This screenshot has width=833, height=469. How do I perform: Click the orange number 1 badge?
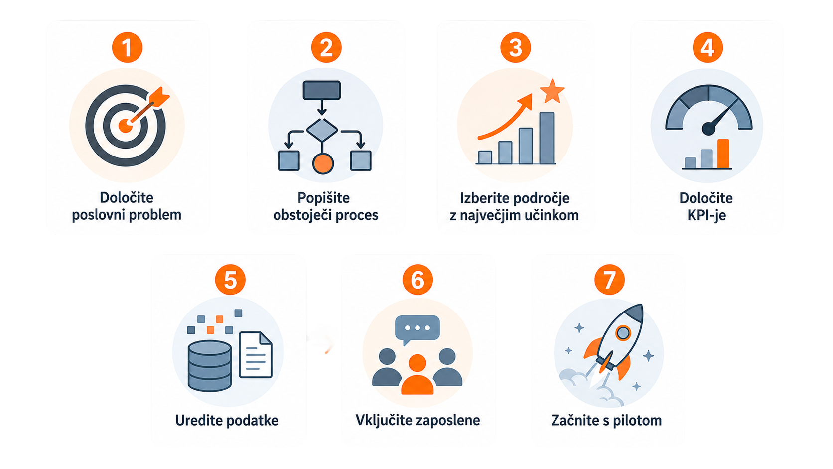pos(127,47)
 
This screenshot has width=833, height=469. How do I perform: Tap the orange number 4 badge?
pos(707,47)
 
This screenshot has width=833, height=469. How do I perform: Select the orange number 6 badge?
pos(417,280)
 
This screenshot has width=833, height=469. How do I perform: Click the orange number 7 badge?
pos(609,280)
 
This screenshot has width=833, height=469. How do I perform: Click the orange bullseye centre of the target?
pos(126,126)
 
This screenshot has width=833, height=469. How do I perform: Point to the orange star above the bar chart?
pos(552,91)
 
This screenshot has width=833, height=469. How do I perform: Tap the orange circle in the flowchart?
pos(323,163)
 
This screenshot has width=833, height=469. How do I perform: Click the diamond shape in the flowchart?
pos(322,130)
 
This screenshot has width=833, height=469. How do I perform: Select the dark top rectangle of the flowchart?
pos(322,90)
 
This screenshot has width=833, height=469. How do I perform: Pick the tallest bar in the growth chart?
pos(547,138)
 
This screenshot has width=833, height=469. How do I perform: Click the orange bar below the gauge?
pos(723,154)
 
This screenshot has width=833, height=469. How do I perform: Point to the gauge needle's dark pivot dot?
pos(708,129)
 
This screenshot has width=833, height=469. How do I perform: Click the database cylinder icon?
pos(210,366)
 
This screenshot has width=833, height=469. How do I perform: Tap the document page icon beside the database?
pos(256,355)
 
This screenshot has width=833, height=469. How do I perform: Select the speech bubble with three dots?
pos(417,329)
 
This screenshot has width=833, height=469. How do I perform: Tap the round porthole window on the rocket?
pos(623,333)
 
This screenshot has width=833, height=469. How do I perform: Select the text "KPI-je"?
pos(706,215)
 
